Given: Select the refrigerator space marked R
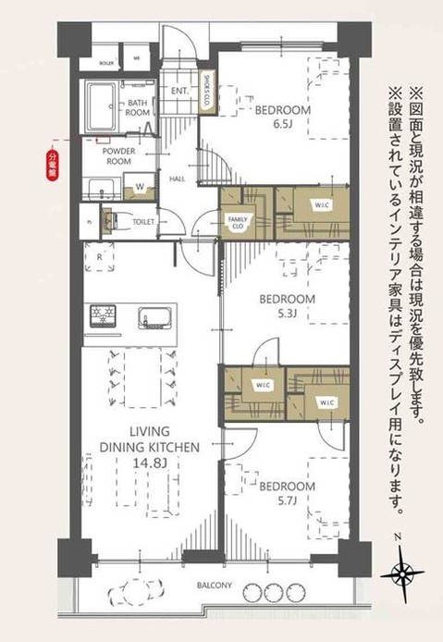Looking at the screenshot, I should click(99, 255).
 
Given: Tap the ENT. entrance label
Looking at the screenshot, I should click(178, 92).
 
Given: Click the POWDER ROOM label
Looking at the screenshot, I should click(118, 154).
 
